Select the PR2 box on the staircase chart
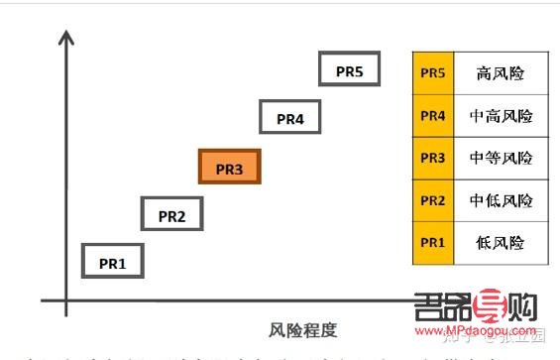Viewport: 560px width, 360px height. pyautogui.click(x=172, y=213)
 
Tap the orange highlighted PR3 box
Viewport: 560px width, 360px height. pyautogui.click(x=229, y=168)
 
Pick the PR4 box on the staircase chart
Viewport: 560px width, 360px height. pyautogui.click(x=290, y=118)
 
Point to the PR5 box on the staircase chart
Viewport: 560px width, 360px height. pyautogui.click(x=350, y=70)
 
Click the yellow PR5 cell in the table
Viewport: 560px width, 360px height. pyautogui.click(x=433, y=72)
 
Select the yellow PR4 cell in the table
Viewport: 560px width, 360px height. pyautogui.click(x=433, y=115)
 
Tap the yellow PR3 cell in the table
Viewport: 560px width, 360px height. pyautogui.click(x=433, y=158)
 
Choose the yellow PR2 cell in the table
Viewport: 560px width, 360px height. pyautogui.click(x=433, y=200)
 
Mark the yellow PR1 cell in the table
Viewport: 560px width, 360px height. pyautogui.click(x=433, y=242)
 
